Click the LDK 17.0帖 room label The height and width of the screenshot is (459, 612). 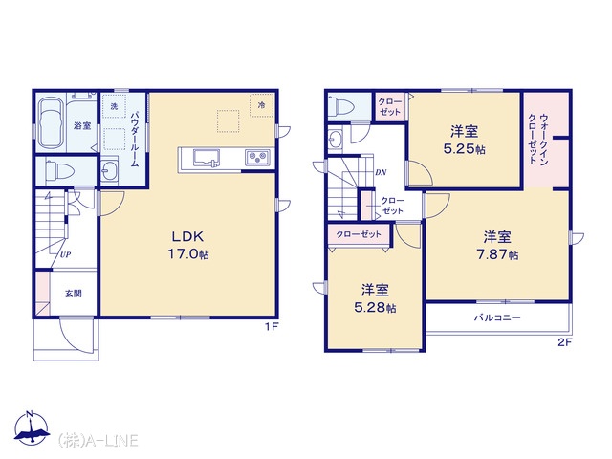[x=188, y=245]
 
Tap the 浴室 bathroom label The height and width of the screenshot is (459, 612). [x=82, y=125]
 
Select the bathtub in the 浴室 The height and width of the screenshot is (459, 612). [x=52, y=122]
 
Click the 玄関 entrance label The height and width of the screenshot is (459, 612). [x=73, y=294]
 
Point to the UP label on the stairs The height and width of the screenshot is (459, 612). [x=65, y=255]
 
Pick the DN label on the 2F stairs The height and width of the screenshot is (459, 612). [x=381, y=172]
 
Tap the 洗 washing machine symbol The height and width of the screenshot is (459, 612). [x=114, y=106]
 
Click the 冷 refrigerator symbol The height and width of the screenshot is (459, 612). [x=261, y=105]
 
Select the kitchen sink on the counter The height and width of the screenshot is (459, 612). [x=207, y=159]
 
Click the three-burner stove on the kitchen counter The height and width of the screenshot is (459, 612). [x=258, y=159]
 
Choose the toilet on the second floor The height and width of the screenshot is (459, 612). [x=340, y=106]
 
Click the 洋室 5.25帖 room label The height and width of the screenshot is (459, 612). [x=465, y=140]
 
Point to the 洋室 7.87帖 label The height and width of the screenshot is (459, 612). [x=497, y=246]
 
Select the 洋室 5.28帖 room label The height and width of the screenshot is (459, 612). [x=375, y=298]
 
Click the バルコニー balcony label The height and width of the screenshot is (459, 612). [x=497, y=317]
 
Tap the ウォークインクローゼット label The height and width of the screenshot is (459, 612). [x=538, y=139]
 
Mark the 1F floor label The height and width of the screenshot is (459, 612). [x=272, y=327]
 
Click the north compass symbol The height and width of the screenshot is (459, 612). [x=32, y=428]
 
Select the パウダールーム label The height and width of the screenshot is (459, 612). [x=135, y=139]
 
